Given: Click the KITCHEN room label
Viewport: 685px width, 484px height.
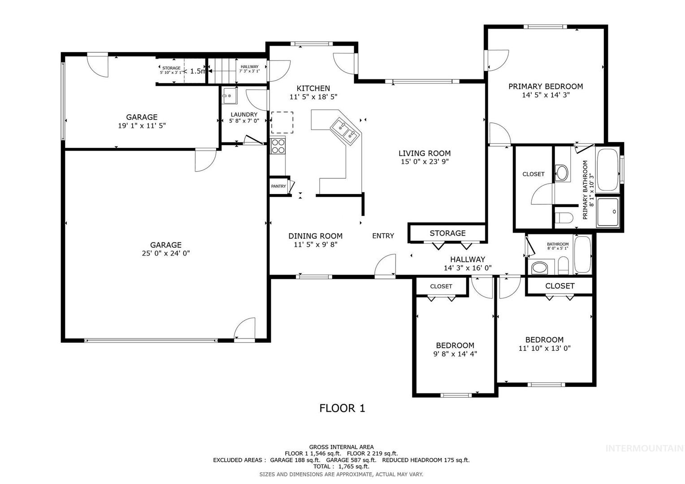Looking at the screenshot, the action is (x=313, y=88).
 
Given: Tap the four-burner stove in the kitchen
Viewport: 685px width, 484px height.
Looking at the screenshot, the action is (x=278, y=146).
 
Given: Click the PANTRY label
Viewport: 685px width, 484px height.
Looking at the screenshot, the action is (x=278, y=186).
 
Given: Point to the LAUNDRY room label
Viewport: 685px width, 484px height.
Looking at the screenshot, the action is (x=244, y=114).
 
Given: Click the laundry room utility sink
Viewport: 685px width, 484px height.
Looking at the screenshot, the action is (x=229, y=96).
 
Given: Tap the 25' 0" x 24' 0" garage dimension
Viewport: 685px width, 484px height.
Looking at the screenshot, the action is (x=166, y=253).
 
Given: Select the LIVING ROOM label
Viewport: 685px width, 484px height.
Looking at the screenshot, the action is (x=425, y=153).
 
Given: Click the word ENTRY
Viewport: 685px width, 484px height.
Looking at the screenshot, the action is (x=383, y=236).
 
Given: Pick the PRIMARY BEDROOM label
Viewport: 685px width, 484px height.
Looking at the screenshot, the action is (x=546, y=86).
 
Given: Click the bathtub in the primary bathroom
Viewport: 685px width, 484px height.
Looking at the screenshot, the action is (x=607, y=170).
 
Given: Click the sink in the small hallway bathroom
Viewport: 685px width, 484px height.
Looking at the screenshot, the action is (x=539, y=268).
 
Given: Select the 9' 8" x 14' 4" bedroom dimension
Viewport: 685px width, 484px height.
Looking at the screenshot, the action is (x=455, y=354).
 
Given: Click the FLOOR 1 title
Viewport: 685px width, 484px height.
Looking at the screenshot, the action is (x=342, y=408).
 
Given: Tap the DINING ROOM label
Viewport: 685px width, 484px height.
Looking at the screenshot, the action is (x=315, y=236).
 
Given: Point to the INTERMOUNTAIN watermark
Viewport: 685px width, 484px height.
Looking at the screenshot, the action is (x=644, y=448).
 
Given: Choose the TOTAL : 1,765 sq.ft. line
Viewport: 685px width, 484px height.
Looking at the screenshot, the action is (x=341, y=467).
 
